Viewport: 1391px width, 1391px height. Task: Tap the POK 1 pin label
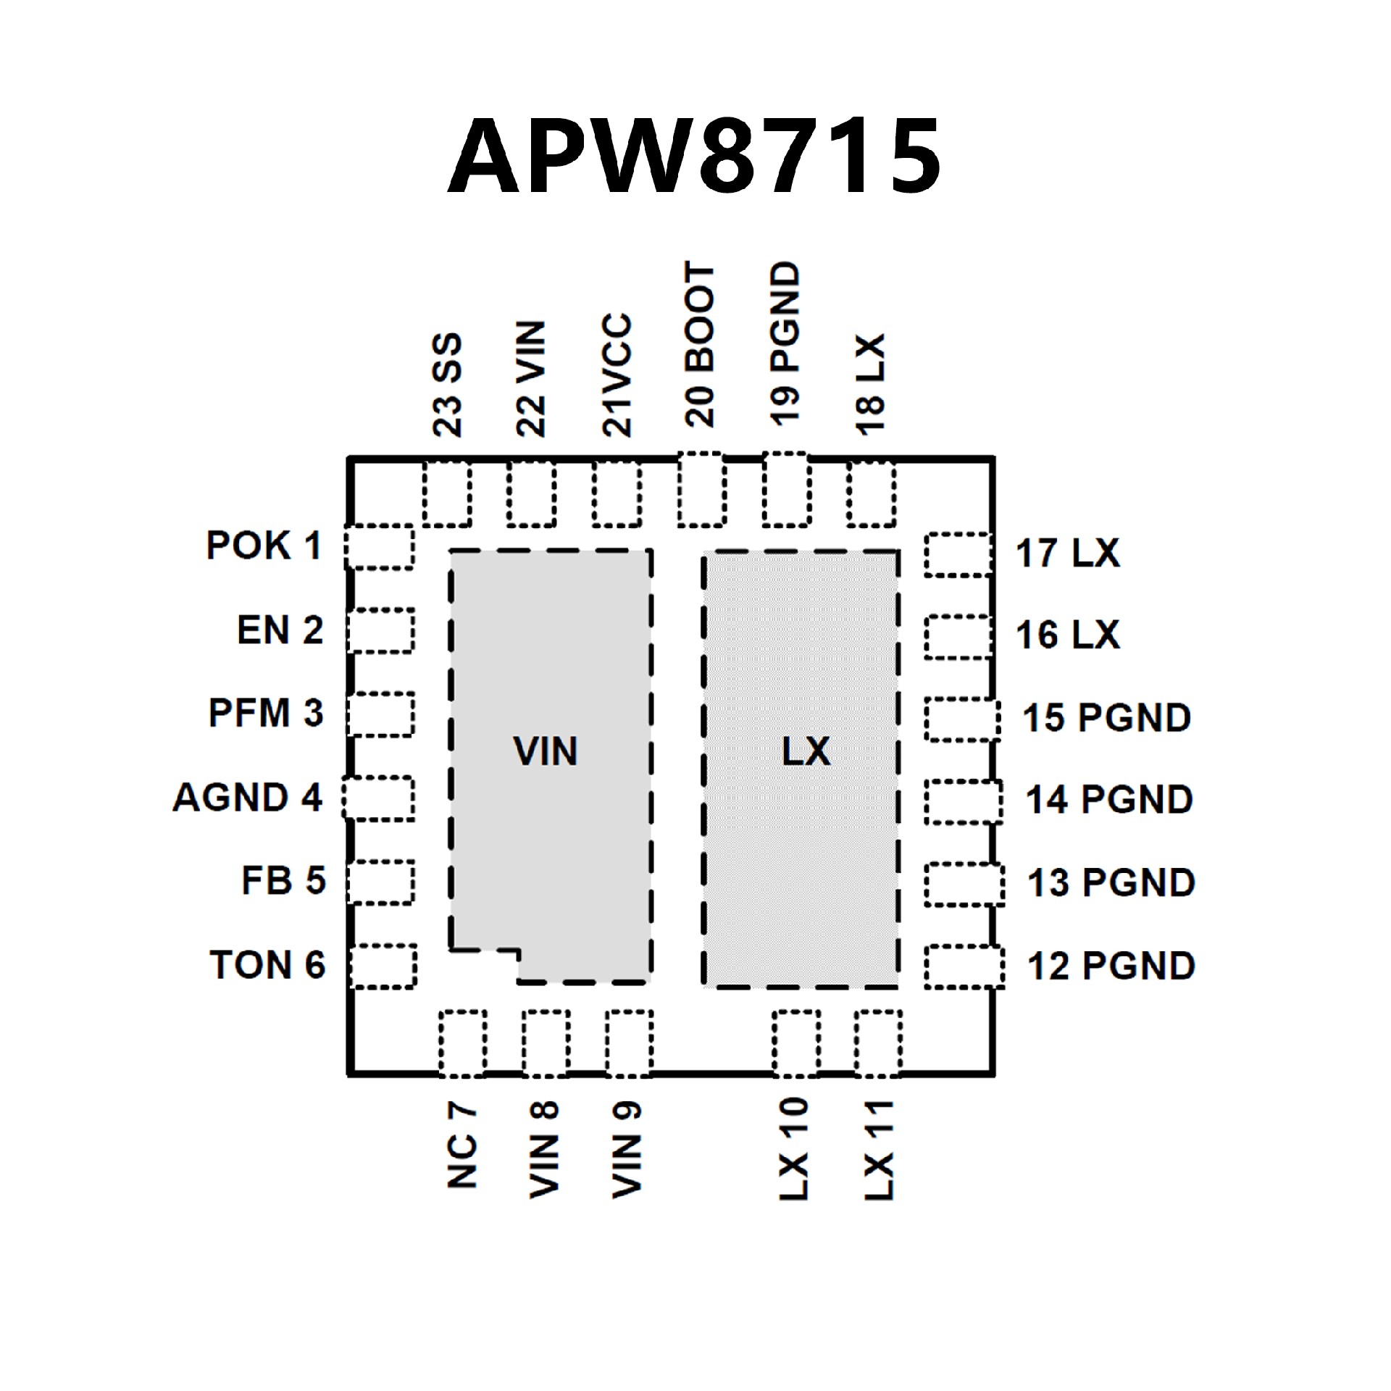pyautogui.click(x=264, y=546)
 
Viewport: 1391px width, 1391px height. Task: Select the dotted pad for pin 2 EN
pyautogui.click(x=380, y=630)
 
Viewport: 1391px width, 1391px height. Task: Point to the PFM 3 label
pyautogui.click(x=265, y=713)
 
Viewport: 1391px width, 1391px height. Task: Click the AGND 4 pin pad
pyautogui.click(x=378, y=798)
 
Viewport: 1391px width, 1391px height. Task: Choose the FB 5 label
pyautogui.click(x=283, y=881)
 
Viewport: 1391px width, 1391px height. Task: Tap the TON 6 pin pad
pyautogui.click(x=383, y=966)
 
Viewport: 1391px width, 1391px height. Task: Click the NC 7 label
pyautogui.click(x=461, y=1145)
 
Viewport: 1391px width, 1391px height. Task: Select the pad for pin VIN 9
pyautogui.click(x=629, y=1043)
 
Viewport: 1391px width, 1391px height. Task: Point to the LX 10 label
pyautogui.click(x=793, y=1148)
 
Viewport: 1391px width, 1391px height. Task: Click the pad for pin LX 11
pyautogui.click(x=877, y=1043)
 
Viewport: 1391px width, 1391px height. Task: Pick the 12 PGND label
pyautogui.click(x=1111, y=966)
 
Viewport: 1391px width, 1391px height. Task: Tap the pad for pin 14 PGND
pyautogui.click(x=964, y=801)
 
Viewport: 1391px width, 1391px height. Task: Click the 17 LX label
pyautogui.click(x=1067, y=554)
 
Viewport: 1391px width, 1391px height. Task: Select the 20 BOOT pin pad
pyautogui.click(x=701, y=489)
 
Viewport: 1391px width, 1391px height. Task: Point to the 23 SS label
pyautogui.click(x=447, y=385)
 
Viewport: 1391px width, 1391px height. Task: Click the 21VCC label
pyautogui.click(x=617, y=375)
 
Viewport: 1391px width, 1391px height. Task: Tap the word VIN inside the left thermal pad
pyautogui.click(x=546, y=751)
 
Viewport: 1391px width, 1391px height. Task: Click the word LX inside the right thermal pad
pyautogui.click(x=806, y=751)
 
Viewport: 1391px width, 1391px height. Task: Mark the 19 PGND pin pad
pyautogui.click(x=786, y=489)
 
